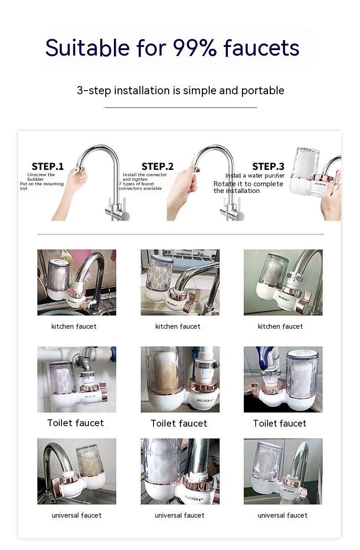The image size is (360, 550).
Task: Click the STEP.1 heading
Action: click(48, 167)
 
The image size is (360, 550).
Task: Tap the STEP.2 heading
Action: click(158, 167)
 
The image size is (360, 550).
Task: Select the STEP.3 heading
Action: click(268, 167)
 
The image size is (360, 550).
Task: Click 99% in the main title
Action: click(195, 48)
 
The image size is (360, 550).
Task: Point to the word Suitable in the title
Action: click(87, 48)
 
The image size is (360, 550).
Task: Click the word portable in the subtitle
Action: click(262, 91)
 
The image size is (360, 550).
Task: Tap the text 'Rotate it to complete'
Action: click(248, 184)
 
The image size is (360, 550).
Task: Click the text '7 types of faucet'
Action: click(137, 184)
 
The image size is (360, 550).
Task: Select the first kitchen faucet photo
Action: click(77, 282)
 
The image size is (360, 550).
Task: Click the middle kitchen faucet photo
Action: click(180, 282)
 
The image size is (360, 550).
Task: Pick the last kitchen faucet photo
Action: click(283, 282)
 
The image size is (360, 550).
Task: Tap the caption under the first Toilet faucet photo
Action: click(76, 423)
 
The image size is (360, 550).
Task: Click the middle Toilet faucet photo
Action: click(180, 379)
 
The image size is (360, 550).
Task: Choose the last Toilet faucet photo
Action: click(283, 379)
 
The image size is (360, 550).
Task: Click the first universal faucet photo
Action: click(77, 471)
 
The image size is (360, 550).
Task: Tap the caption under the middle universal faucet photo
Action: click(180, 515)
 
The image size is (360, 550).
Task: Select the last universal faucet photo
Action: click(283, 471)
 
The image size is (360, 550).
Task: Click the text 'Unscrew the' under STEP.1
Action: click(41, 175)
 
